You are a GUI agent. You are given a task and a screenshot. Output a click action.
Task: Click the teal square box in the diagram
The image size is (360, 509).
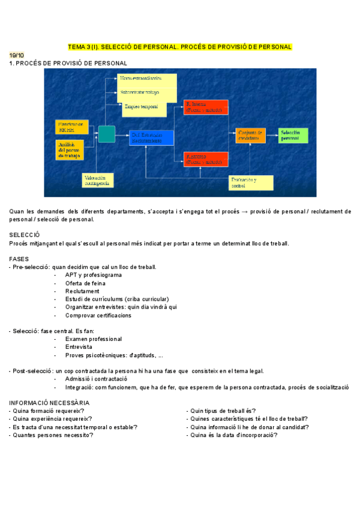point(106,134)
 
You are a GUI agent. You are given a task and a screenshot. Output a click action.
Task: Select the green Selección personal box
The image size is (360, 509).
point(293,135)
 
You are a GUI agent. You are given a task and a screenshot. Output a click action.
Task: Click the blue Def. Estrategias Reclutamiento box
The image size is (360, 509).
point(151,137)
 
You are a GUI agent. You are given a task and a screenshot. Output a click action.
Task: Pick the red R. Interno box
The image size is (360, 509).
point(206,107)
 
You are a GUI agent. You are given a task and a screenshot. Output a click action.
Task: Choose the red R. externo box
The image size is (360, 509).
point(206,159)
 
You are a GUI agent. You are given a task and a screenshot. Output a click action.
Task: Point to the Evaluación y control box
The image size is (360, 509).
point(251,182)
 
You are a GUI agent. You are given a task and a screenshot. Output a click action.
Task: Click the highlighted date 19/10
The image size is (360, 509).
point(17,55)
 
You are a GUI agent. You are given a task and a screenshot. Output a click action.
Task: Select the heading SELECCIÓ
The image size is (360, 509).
point(25,235)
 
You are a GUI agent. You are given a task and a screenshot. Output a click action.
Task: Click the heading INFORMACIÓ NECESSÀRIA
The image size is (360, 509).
point(49,402)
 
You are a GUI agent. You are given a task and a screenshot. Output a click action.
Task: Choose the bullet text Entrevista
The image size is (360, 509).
point(79,347)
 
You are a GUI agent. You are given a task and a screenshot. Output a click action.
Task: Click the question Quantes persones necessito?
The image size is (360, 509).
point(52,435)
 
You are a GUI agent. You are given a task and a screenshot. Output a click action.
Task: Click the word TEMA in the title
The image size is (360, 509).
point(77,46)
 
